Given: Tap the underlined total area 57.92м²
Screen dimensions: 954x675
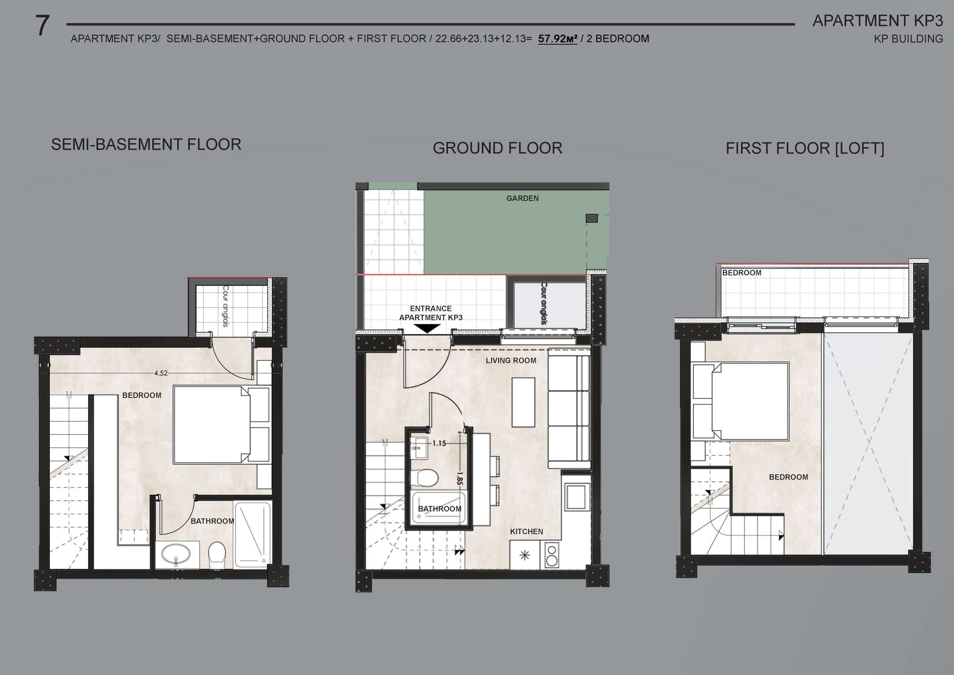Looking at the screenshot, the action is (x=558, y=39).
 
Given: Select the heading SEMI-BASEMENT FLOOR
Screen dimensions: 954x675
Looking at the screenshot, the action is (x=146, y=145).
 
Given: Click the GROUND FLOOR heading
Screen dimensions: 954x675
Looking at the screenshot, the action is (x=498, y=148).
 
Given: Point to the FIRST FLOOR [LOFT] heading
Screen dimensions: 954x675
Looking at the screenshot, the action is (x=805, y=148).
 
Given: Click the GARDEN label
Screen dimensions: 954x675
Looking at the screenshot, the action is (x=522, y=198).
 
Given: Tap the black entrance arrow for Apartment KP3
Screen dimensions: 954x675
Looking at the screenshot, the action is (x=427, y=328).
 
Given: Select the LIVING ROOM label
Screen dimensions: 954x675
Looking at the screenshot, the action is (x=511, y=360).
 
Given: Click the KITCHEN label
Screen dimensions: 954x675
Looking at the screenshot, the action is (x=527, y=531).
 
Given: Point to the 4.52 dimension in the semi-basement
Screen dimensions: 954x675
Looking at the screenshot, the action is (x=161, y=373).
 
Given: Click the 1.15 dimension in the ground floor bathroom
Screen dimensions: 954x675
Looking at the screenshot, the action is (x=439, y=443).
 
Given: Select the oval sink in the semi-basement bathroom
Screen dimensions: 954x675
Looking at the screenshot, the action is (x=176, y=555).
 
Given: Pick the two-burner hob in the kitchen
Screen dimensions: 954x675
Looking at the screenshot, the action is (x=551, y=556).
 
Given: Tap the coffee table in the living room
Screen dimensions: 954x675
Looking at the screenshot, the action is (x=523, y=402).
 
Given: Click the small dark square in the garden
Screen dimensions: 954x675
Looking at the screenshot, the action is (x=591, y=218).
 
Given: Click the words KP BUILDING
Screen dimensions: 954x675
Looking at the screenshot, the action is (x=908, y=39).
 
